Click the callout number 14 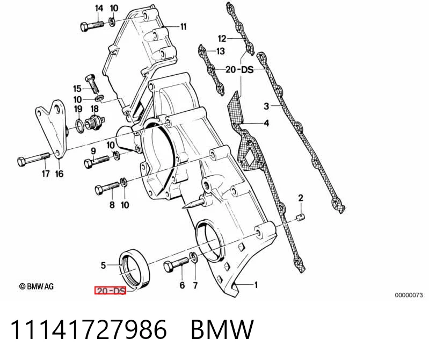[x=99, y=8]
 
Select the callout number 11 [x=183, y=26]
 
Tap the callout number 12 [x=222, y=39]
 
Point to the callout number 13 [x=221, y=51]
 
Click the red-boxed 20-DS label [x=110, y=291]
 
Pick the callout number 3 [x=266, y=106]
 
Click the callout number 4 [x=266, y=123]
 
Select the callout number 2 [x=301, y=198]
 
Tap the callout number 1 [x=256, y=285]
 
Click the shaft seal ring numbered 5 [x=135, y=269]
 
